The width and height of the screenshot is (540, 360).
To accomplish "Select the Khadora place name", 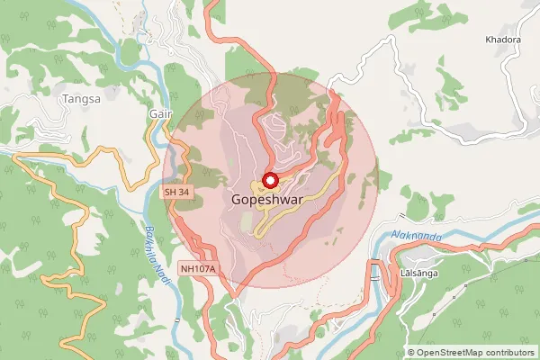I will point(503,40).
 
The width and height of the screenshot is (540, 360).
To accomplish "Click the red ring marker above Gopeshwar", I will point(269,180).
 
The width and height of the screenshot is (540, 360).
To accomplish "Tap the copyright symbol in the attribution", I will point(411,353).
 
